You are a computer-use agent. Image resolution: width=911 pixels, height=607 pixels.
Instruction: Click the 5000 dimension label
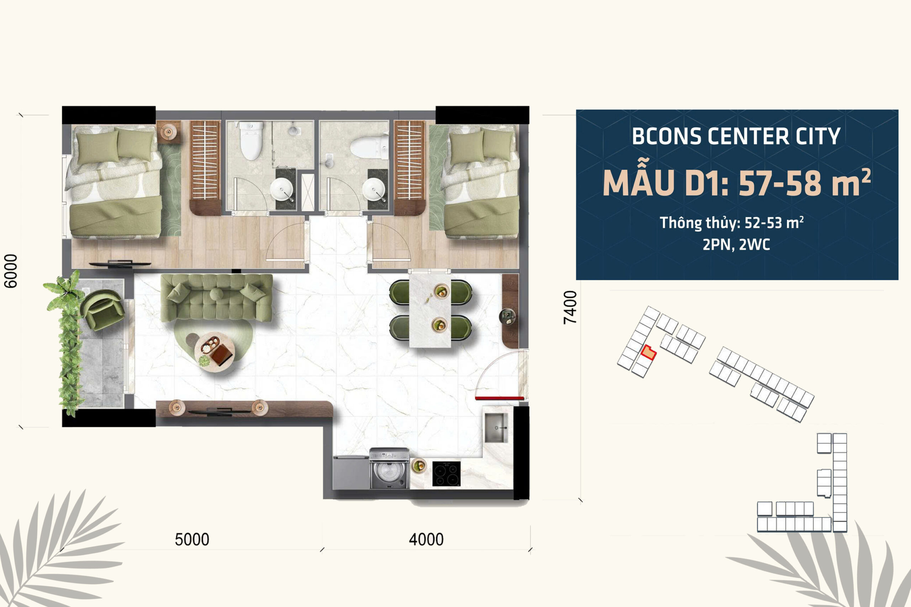coord(192,539)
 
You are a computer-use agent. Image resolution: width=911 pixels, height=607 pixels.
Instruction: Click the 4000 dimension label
coord(426,539)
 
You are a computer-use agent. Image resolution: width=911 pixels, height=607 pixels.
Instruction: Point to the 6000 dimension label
coord(10,271)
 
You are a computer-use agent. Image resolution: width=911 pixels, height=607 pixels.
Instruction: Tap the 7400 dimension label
coord(570,307)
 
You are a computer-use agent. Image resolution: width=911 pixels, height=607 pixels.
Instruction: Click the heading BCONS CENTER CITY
coord(736,136)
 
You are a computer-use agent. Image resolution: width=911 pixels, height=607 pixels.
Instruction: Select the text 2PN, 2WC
coord(736,245)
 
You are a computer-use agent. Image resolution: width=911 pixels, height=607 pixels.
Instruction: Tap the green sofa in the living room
coord(216,297)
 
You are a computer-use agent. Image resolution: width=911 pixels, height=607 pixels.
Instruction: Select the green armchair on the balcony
coord(102,310)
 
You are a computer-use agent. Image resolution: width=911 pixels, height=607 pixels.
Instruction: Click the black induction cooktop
coord(447,473)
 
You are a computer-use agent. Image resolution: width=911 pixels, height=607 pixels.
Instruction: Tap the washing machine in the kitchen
coord(389,468)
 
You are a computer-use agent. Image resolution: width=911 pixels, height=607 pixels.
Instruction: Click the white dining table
coord(430,310)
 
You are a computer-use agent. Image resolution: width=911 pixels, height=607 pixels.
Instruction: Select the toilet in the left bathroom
coord(251,140)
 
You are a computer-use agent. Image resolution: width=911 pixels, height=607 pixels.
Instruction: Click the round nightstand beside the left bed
coord(168,132)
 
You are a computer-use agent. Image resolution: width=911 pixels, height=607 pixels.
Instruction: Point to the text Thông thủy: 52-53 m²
coord(732,223)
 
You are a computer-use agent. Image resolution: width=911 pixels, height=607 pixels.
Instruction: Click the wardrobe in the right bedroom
coord(409,167)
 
